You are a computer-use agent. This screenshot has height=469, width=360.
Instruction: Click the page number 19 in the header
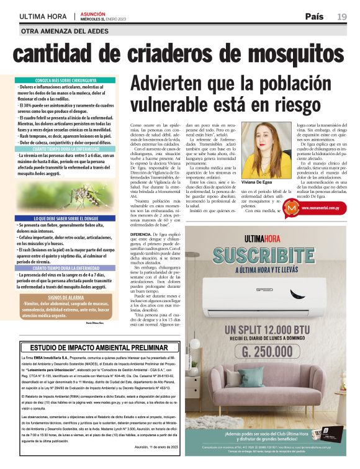(x=342, y=17)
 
